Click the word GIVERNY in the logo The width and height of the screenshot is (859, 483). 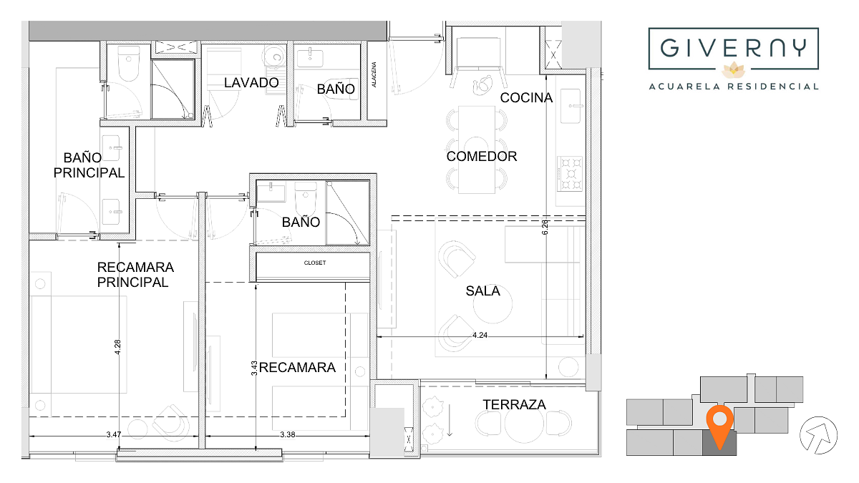pos(733,48)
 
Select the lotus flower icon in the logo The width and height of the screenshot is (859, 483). pos(733,70)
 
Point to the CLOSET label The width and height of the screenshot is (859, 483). pos(315,263)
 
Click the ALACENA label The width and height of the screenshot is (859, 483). pos(374,74)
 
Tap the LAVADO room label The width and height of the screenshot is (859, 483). pos(251,82)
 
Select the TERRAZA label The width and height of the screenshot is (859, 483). pos(514,404)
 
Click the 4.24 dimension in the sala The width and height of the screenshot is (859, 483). pos(480,335)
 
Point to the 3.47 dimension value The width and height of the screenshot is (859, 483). pos(114,434)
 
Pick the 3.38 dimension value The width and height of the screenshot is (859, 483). pos(287,434)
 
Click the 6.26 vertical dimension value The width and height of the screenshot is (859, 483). pos(545,227)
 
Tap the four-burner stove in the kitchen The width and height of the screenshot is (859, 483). pos(570,174)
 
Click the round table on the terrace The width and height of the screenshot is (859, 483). pos(523,424)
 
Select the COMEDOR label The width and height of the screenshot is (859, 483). pos(482,156)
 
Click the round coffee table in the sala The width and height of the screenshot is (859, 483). pos(492,305)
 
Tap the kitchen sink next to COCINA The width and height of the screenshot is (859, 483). pos(571,106)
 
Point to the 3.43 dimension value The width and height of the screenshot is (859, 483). pos(254,368)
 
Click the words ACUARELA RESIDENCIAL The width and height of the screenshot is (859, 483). pos(733,87)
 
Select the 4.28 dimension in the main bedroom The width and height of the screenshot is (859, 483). pos(117,347)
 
